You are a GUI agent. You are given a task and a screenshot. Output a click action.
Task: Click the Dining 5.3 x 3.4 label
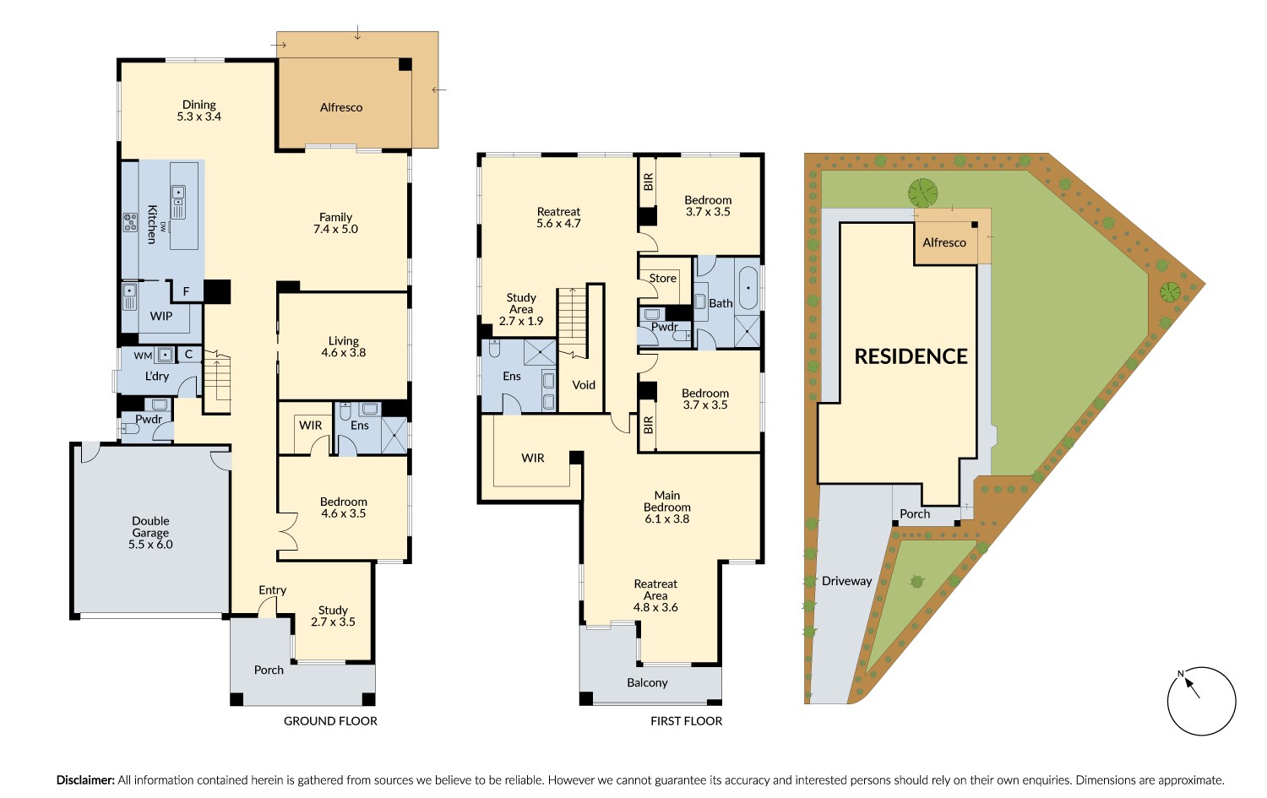(x=198, y=111)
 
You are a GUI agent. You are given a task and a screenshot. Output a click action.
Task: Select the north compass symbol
(x=1200, y=700)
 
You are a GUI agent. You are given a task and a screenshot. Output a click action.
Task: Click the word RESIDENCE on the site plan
(x=911, y=356)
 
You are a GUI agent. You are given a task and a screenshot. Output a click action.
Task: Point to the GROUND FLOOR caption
(x=330, y=721)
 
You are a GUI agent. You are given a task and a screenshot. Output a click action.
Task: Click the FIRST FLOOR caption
(x=686, y=721)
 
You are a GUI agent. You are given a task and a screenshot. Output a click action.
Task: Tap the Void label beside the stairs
(x=584, y=385)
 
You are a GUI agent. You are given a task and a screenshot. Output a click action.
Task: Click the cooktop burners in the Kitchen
(x=130, y=222)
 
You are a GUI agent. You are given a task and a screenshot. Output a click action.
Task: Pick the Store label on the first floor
(x=662, y=279)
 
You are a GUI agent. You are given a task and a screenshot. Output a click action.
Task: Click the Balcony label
(x=647, y=683)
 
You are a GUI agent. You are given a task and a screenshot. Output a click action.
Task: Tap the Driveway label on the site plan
(x=846, y=581)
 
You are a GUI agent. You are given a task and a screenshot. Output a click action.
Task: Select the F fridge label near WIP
(x=187, y=292)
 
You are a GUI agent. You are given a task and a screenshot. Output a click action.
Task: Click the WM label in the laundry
(x=143, y=356)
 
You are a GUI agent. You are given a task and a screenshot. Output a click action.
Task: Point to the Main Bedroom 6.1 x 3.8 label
(x=666, y=508)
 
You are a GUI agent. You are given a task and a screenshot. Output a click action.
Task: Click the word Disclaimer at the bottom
(x=85, y=780)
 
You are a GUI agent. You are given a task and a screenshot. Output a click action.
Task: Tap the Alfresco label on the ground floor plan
(x=341, y=107)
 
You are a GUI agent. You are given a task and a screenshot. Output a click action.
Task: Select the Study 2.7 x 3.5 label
(x=333, y=616)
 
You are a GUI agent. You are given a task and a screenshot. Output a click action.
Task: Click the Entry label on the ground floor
(x=272, y=590)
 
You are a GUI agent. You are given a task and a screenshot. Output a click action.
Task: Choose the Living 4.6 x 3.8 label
(x=344, y=347)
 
